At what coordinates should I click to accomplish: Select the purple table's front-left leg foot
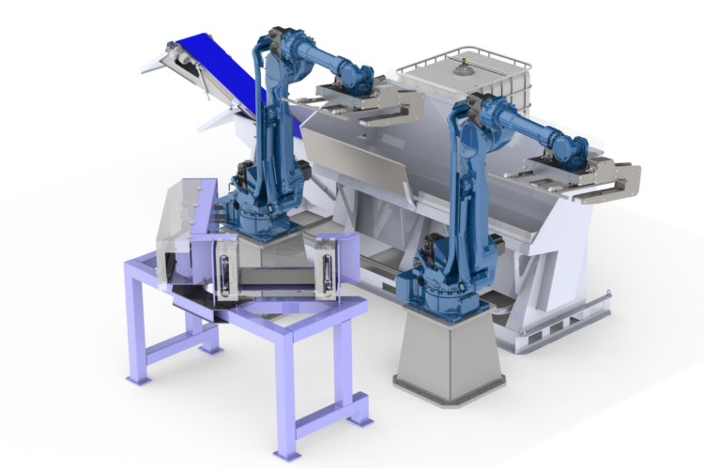click(138, 378)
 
